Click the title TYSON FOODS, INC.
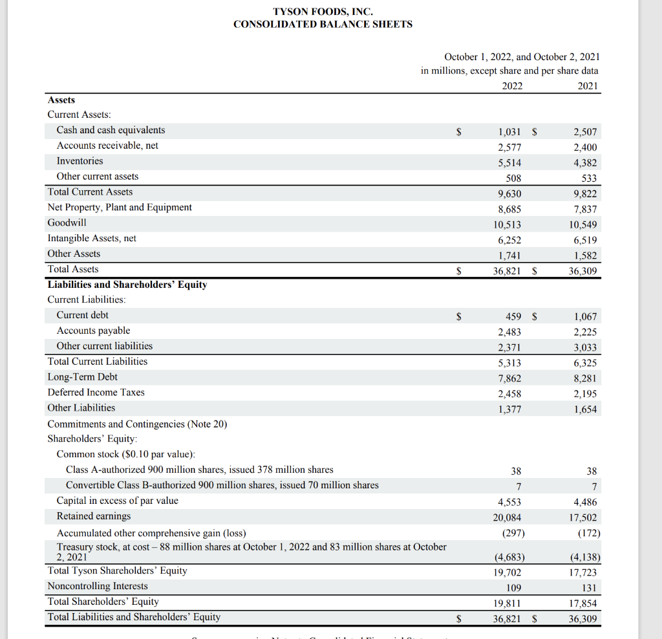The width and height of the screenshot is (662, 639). pos(323,12)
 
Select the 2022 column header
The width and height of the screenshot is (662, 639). pos(512,86)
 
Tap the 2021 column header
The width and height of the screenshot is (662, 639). pos(588,86)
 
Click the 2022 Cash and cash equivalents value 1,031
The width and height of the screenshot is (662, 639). pos(509,132)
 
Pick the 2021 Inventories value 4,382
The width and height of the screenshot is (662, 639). pos(585,163)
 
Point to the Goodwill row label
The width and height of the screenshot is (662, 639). pos(67,222)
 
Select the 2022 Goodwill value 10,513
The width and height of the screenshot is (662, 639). pos(507,225)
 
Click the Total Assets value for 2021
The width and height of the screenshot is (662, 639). pos(582,272)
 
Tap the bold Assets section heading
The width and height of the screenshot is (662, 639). pos(61,100)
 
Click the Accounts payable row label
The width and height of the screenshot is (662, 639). pos(93,330)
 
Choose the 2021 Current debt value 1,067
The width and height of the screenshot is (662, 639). pos(585,317)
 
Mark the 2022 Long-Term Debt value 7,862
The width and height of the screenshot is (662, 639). pos(509,378)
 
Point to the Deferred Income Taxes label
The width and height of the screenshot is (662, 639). pos(96,393)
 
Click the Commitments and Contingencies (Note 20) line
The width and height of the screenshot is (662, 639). pos(137,424)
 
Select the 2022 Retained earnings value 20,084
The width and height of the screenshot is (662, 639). pos(507,517)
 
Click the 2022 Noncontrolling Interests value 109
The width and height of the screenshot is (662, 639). pos(513,588)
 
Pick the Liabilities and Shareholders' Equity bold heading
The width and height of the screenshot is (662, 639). pos(127,285)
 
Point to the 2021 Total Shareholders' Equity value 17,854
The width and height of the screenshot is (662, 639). pos(582,603)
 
